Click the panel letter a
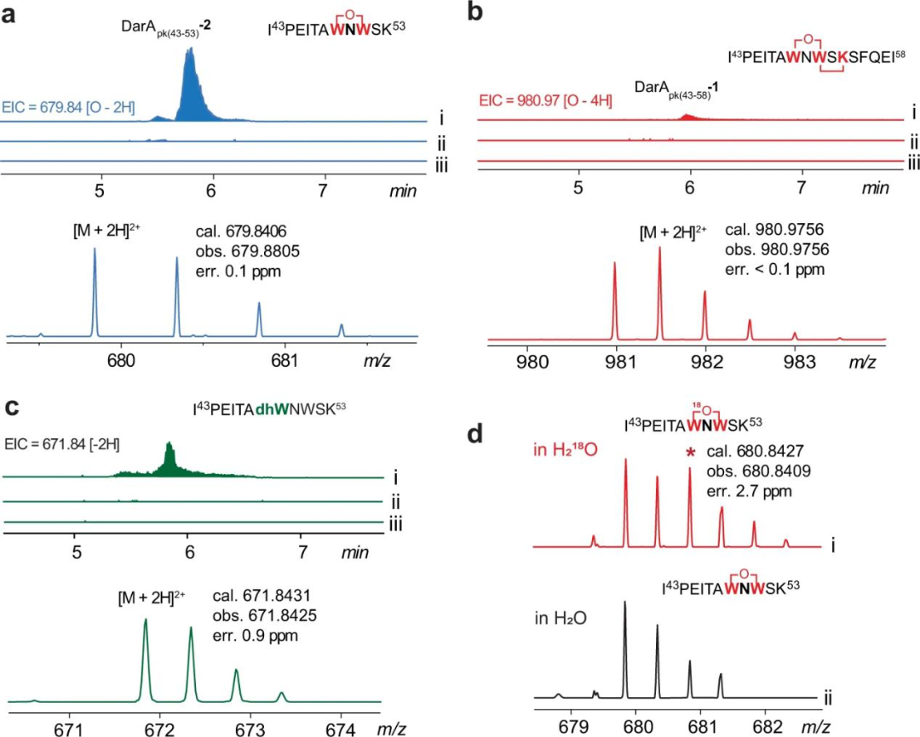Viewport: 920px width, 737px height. tap(11, 14)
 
